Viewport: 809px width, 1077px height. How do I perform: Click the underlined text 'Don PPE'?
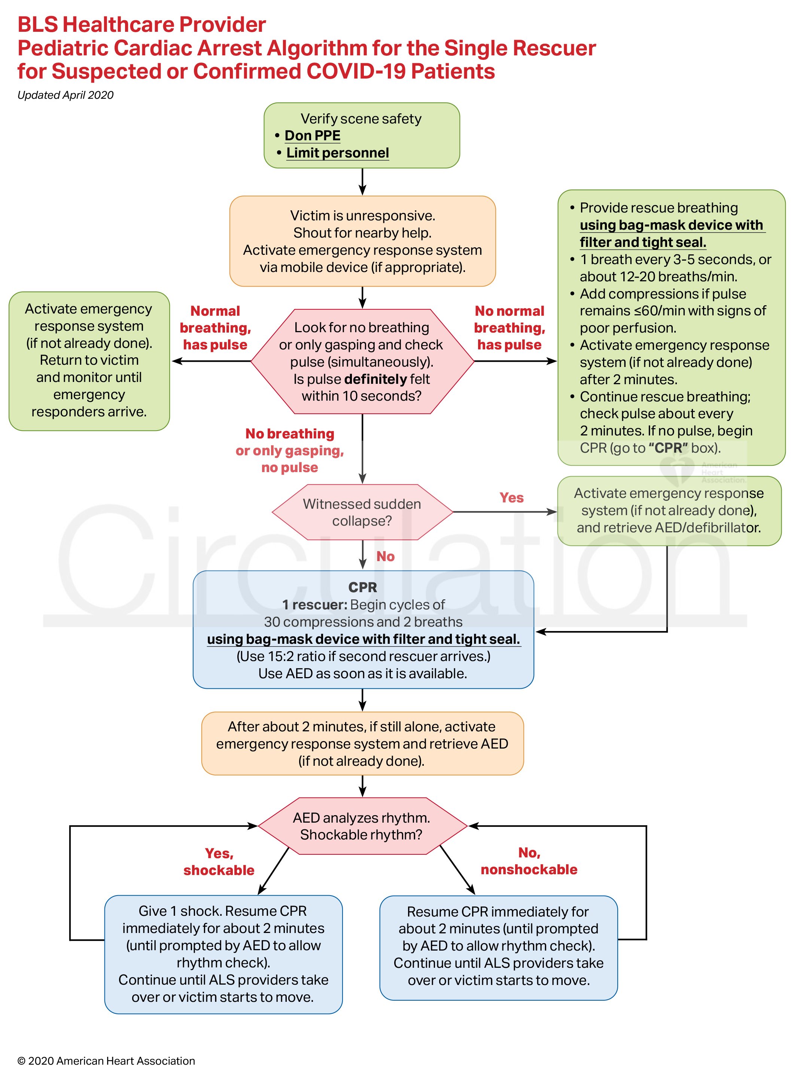tap(312, 135)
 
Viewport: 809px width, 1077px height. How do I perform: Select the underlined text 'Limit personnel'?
tap(337, 153)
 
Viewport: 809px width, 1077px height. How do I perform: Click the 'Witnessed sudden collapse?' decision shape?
tap(362, 512)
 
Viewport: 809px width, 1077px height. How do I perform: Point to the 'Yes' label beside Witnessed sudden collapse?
tap(511, 498)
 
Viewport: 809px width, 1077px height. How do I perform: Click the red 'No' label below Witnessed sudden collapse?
tap(385, 557)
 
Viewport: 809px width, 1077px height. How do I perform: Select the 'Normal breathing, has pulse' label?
tap(215, 328)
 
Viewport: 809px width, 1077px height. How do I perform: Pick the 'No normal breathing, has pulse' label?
tap(509, 328)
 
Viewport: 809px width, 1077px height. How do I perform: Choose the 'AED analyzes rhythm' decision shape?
tap(362, 826)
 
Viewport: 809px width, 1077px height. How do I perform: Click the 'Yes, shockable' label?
tap(219, 862)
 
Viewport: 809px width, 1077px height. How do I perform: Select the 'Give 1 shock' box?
tap(223, 954)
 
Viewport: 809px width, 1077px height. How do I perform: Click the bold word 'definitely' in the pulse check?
tap(375, 379)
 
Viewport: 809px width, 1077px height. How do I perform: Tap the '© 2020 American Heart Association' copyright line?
tap(106, 1061)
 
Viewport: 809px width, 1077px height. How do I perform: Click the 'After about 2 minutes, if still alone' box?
tap(362, 743)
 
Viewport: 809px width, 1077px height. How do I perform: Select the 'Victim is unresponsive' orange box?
tap(362, 241)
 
